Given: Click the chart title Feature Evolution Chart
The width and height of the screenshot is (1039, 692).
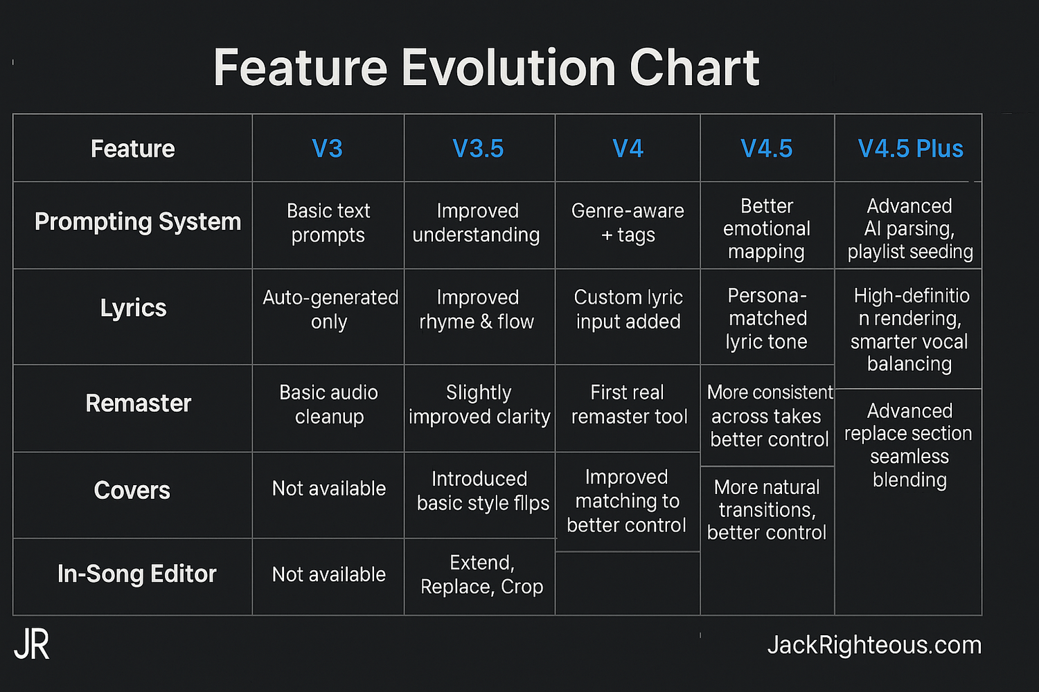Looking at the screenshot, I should pos(486,68).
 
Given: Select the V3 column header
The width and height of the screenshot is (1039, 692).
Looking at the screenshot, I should pos(328,149).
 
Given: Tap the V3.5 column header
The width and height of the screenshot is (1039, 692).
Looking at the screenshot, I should pos(478,149).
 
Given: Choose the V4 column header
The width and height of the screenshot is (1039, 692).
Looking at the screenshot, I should pos(628,149).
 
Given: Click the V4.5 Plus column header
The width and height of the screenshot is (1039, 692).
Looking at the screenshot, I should pos(910,149).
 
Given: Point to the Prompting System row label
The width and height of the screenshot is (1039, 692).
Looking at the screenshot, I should pos(138,222).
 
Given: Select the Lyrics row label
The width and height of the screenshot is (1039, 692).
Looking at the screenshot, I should pos(133,308).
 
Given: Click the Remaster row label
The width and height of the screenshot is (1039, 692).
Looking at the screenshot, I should pos(138,403).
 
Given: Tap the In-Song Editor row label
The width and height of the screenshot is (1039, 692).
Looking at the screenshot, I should pos(136,574).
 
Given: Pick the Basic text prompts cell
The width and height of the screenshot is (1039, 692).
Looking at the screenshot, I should pos(328,223).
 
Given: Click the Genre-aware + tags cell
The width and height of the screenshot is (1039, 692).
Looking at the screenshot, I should pos(628,223).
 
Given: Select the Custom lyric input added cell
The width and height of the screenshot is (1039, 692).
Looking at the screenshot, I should pos(628,309).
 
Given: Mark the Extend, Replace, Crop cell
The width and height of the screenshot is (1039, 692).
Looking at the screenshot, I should pos(481,574).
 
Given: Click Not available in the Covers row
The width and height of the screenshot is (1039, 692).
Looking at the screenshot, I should pos(328,489).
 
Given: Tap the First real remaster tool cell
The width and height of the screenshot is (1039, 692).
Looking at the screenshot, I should pos(628,404).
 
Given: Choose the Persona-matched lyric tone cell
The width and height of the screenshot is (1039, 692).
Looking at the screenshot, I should pos(767,318).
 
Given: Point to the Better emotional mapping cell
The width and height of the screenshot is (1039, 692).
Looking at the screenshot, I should pos(767,229).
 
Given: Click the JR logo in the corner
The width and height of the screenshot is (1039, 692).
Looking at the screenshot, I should pos(32,645).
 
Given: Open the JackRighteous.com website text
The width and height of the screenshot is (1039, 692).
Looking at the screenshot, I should pos(874,645).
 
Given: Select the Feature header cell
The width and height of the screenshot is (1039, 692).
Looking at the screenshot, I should pos(133,149).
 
